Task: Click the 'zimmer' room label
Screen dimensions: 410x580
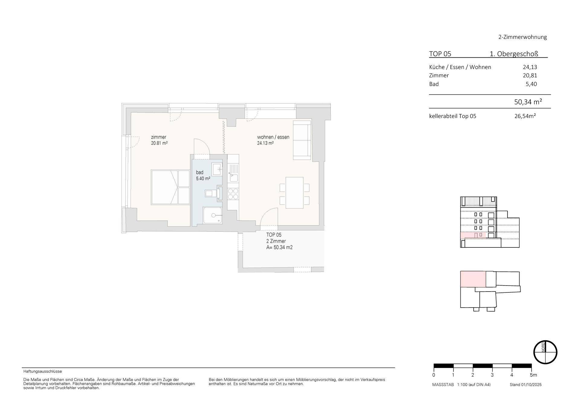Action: click(159, 137)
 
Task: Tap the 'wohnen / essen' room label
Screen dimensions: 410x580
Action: click(273, 137)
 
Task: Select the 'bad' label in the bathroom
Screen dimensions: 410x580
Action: click(200, 173)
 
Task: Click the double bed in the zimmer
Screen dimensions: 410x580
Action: click(170, 187)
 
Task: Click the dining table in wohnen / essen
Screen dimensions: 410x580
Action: click(294, 192)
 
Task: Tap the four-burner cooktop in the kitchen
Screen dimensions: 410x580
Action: click(233, 194)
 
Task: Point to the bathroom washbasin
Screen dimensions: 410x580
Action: click(217, 169)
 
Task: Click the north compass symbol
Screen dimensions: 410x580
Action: click(545, 352)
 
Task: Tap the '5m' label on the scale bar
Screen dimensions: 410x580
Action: click(533, 375)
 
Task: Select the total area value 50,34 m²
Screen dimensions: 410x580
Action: click(528, 102)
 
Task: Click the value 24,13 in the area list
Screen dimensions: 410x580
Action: click(530, 67)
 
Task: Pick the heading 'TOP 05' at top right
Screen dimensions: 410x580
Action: click(440, 54)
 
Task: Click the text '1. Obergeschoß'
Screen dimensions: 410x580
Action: click(514, 54)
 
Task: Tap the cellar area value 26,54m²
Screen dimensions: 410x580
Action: click(525, 116)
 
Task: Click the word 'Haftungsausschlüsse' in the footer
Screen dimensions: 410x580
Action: click(43, 371)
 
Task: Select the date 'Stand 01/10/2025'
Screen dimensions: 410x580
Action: click(525, 385)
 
